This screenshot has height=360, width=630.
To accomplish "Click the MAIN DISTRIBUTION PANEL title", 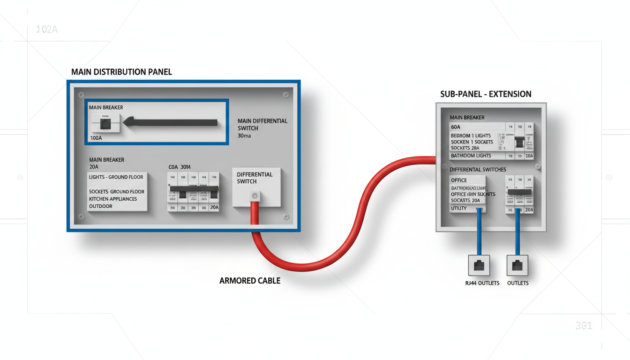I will point(121,72).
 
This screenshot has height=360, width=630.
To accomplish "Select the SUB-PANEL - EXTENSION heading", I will point(486,94).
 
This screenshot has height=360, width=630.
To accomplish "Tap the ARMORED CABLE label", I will point(250,281).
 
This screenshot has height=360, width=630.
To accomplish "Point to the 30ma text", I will point(244,136).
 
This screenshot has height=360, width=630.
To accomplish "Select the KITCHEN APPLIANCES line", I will point(113,199).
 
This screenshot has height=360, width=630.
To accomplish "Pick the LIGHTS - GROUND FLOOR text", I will point(116,177).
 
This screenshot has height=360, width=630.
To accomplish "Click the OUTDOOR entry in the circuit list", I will point(101,206).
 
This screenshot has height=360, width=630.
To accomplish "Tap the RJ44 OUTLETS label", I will point(482,283).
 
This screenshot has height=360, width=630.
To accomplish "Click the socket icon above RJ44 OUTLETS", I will point(479,265).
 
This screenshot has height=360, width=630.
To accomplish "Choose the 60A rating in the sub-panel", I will point(456,127).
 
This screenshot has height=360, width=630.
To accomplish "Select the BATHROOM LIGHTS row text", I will point(471,156).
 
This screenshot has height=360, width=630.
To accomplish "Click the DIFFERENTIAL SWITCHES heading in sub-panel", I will point(478,169).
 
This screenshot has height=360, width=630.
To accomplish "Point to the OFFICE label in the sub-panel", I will point(459,180).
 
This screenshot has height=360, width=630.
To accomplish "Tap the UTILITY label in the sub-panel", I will point(458,208).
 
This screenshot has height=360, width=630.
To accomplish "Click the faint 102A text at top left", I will point(46,30).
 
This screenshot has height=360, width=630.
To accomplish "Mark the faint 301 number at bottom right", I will point(584,326).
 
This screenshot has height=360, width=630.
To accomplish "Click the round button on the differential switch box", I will point(255,195).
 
